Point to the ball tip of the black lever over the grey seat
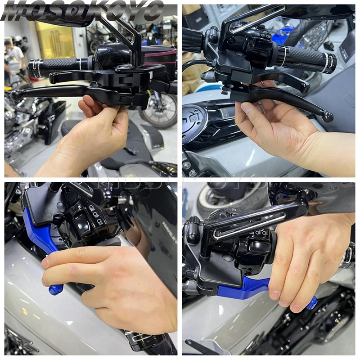(x=328, y=117)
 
